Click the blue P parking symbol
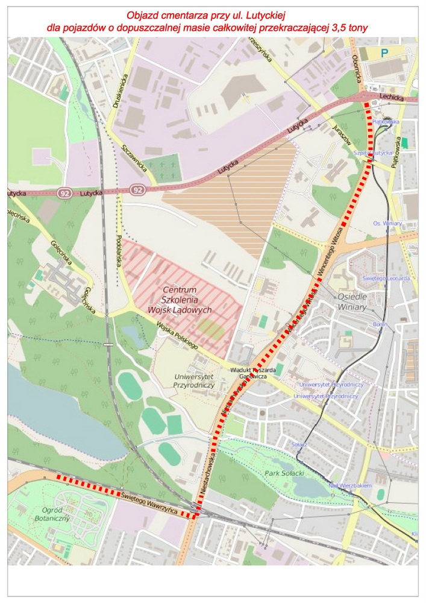point(384,53)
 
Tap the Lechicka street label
point(391,96)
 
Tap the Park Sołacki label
point(283,473)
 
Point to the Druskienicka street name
point(122,90)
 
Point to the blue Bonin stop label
point(380,324)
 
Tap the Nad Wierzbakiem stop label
point(349,485)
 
